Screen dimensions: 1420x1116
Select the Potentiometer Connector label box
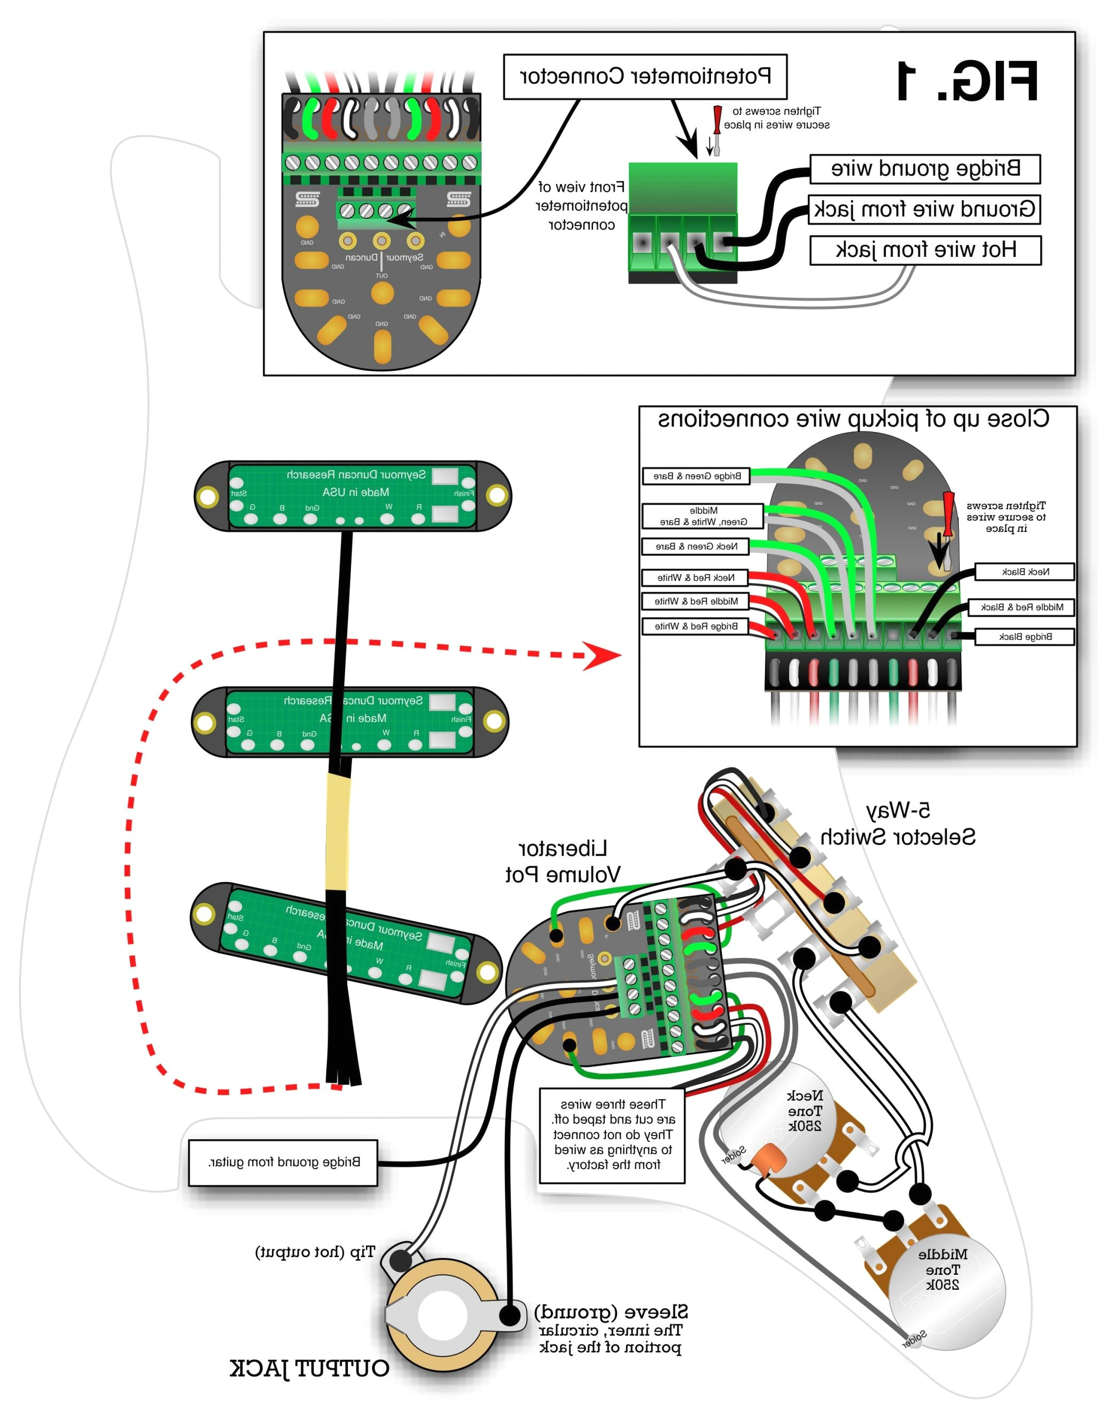(x=645, y=77)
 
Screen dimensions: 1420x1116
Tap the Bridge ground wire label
(x=925, y=169)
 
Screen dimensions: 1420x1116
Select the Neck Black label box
(x=1025, y=571)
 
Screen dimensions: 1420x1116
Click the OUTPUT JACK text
(x=309, y=1368)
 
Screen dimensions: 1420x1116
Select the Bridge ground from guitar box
(x=283, y=1162)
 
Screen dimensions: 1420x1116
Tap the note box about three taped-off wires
(x=612, y=1135)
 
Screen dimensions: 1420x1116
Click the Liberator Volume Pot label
(x=563, y=861)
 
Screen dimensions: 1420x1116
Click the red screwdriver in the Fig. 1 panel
(x=717, y=129)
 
